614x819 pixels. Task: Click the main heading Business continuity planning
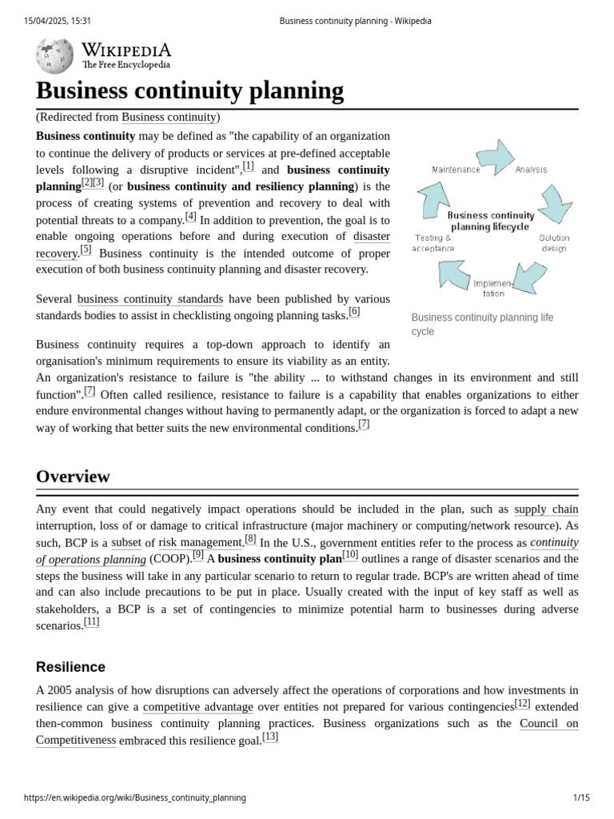point(190,90)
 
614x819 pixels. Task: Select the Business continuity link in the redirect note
point(169,118)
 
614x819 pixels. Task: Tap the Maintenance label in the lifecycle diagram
point(456,170)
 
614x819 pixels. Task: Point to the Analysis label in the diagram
point(531,170)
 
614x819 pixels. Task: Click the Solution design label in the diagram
point(553,243)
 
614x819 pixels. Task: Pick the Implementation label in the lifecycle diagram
point(493,288)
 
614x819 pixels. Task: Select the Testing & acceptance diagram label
point(433,243)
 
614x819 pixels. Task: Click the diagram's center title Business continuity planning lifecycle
point(490,221)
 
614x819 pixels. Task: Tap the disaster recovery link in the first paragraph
point(372,236)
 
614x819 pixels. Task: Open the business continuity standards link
point(150,299)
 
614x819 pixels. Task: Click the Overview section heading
point(73,477)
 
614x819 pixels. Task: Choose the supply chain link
point(546,509)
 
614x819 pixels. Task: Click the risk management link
point(200,542)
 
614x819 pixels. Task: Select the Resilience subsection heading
point(70,667)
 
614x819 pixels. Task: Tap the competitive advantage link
point(198,707)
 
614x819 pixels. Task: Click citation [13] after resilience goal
point(270,737)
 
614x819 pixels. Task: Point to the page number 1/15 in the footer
point(581,798)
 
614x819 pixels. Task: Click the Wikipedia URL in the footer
point(135,798)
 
